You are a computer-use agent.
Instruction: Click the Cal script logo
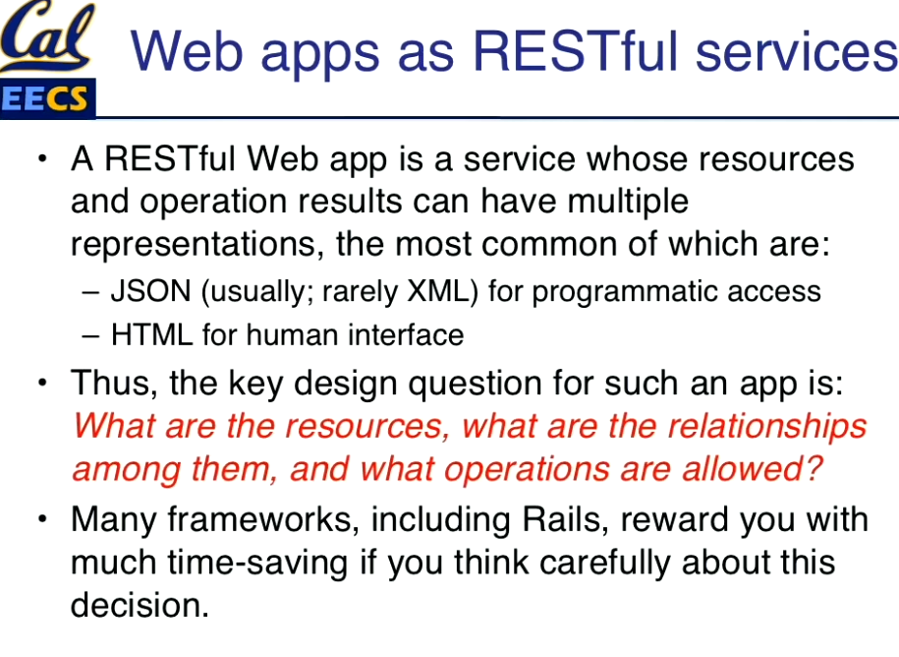click(x=47, y=35)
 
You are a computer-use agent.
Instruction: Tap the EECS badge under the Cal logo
click(x=47, y=98)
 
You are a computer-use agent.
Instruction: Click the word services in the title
click(x=796, y=52)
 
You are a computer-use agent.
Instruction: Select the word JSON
click(x=150, y=291)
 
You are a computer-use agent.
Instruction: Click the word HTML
click(x=152, y=334)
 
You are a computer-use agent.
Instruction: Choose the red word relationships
click(x=767, y=427)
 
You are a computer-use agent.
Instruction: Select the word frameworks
click(x=263, y=520)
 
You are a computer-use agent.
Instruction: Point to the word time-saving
click(x=257, y=564)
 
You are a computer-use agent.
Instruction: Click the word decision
click(x=140, y=605)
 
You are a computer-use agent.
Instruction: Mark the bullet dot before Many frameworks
click(x=42, y=519)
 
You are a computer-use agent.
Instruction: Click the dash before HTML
click(x=90, y=335)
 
